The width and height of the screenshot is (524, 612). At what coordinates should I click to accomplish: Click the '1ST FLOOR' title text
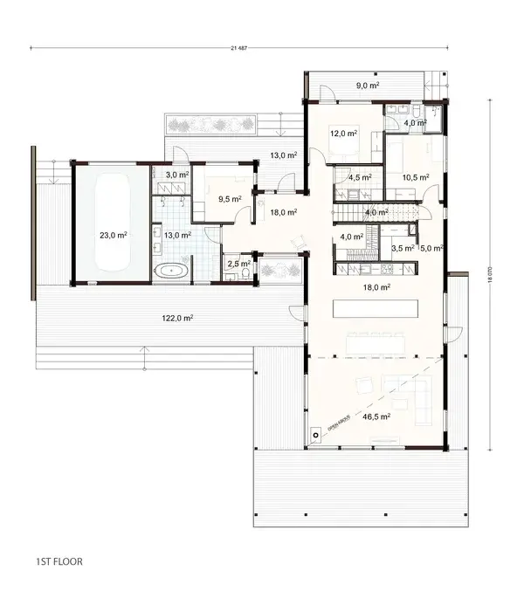pos(59,561)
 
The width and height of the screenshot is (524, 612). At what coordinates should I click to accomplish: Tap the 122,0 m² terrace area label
pos(177,319)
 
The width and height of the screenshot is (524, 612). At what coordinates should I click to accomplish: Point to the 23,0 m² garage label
pos(114,235)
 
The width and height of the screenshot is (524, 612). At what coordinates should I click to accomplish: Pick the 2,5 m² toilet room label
pos(238,263)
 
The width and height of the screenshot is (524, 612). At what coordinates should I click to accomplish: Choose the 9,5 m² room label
pos(230,198)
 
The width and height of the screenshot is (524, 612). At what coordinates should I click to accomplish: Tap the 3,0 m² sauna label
pos(176,175)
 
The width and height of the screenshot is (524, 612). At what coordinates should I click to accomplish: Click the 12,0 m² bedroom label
pos(343,134)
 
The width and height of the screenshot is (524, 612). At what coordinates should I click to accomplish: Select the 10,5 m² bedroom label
pos(417,177)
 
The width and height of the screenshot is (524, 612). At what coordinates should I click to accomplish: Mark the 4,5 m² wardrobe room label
pos(360,177)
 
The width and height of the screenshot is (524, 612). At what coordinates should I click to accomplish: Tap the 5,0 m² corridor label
pos(432,248)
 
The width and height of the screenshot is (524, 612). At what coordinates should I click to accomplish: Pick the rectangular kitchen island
pos(376,307)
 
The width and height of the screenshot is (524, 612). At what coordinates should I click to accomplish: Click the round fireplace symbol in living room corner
pos(314,433)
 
